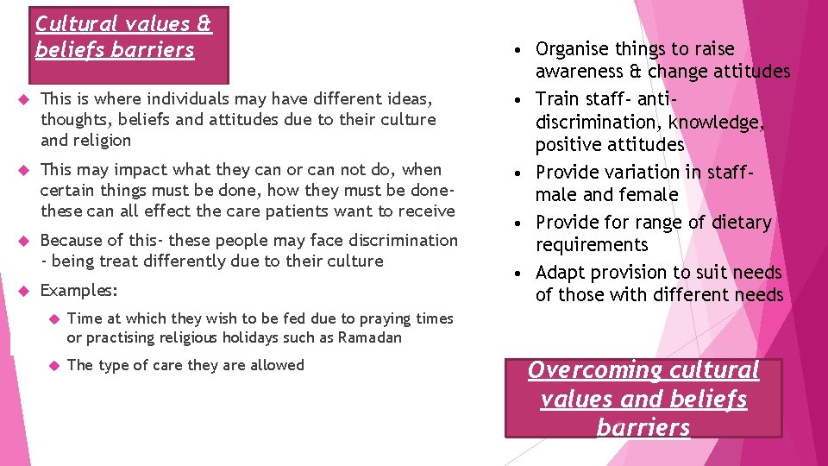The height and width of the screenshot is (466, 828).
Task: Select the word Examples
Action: [78, 290]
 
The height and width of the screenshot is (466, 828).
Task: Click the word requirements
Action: [591, 245]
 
